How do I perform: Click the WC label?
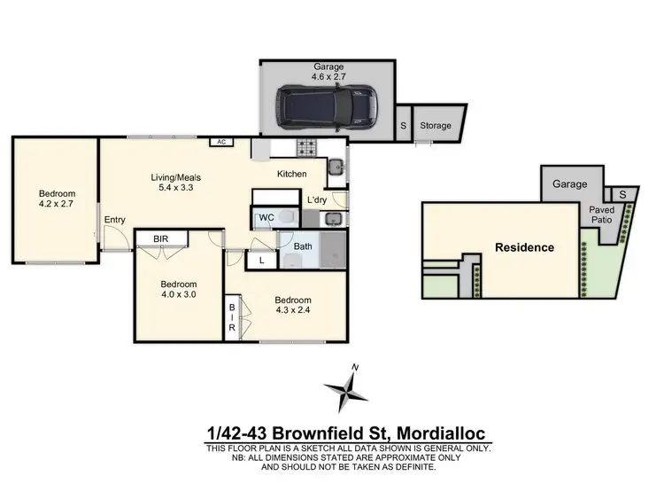[266, 217]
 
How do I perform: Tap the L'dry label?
[317, 200]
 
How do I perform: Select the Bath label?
[303, 246]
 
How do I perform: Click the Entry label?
[114, 220]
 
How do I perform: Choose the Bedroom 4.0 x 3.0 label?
[178, 290]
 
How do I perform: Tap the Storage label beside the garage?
[435, 126]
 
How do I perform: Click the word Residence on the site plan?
[524, 247]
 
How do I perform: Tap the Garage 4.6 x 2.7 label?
[328, 72]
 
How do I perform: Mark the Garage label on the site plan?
[570, 184]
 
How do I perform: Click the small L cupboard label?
[262, 261]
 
